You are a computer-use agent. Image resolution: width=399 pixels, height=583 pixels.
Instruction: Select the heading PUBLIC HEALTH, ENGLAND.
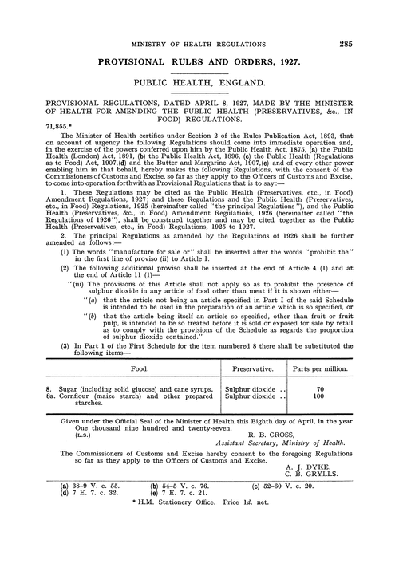(x=199, y=81)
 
